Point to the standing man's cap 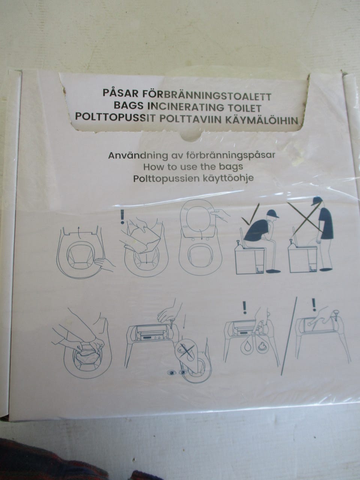(x=317, y=200)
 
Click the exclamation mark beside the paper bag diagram (x=122, y=216)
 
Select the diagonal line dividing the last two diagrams (x=290, y=330)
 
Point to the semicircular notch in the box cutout (x=191, y=136)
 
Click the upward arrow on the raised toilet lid (x=78, y=229)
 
